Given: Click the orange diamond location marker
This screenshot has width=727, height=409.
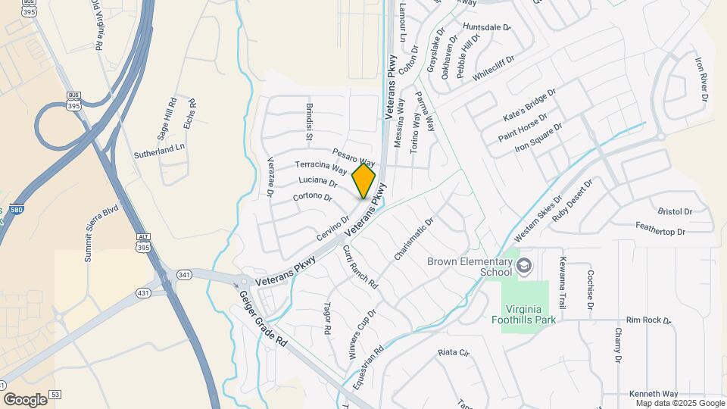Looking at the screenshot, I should (x=364, y=181).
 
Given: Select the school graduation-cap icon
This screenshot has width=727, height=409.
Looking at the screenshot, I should (x=524, y=266).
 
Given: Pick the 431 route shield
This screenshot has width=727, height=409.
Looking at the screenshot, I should (x=142, y=292).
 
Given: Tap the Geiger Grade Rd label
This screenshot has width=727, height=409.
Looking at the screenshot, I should (x=261, y=319).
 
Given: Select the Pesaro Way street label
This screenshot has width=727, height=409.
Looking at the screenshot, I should (x=354, y=158).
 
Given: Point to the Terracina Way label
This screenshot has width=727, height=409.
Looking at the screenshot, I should (x=320, y=167).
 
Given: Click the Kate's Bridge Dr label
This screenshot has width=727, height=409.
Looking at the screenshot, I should (x=529, y=106).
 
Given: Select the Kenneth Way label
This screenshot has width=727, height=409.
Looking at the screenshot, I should (x=654, y=394).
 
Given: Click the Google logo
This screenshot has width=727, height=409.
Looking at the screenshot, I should (x=25, y=399).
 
